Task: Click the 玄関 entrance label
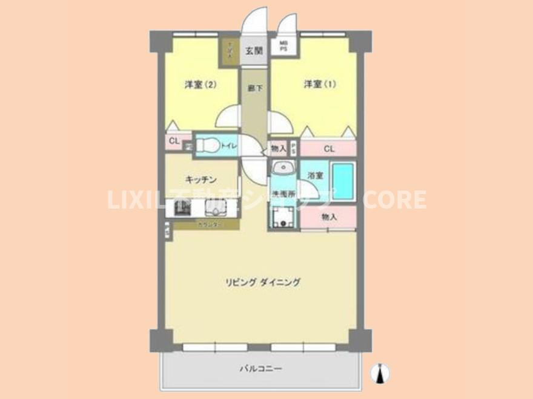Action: (x=253, y=51)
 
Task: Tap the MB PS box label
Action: (x=283, y=47)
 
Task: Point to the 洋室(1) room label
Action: (x=319, y=85)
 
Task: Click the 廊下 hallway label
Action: (x=254, y=88)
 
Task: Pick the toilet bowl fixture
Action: (x=208, y=145)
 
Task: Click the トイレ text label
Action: (x=229, y=146)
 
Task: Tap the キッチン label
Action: (x=202, y=180)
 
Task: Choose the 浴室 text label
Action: (x=315, y=175)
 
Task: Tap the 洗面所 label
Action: (x=282, y=195)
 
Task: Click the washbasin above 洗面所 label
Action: (x=282, y=169)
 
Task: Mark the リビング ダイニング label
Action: (x=263, y=282)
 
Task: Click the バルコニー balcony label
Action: (x=261, y=368)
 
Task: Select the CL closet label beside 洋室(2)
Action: (x=174, y=141)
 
